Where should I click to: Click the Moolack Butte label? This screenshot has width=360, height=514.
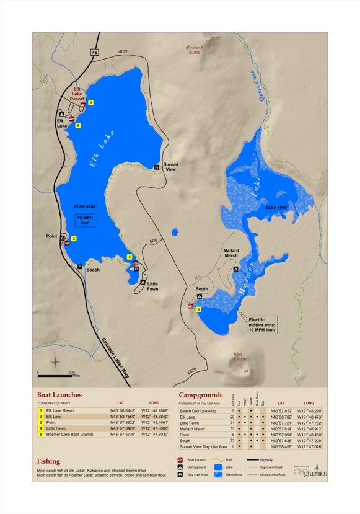tap(195, 50)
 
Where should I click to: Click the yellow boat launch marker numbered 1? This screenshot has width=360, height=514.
tap(90, 102)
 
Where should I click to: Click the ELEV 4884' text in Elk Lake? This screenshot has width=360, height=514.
tap(85, 206)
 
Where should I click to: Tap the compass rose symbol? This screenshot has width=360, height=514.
tap(56, 362)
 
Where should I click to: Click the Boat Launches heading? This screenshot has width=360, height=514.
tap(59, 394)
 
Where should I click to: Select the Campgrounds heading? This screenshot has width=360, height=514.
tap(200, 394)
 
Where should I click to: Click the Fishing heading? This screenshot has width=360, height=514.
tap(48, 461)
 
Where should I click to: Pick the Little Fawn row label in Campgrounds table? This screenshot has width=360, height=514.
tap(190, 423)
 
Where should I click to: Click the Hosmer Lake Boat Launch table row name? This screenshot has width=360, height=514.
tap(69, 434)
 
